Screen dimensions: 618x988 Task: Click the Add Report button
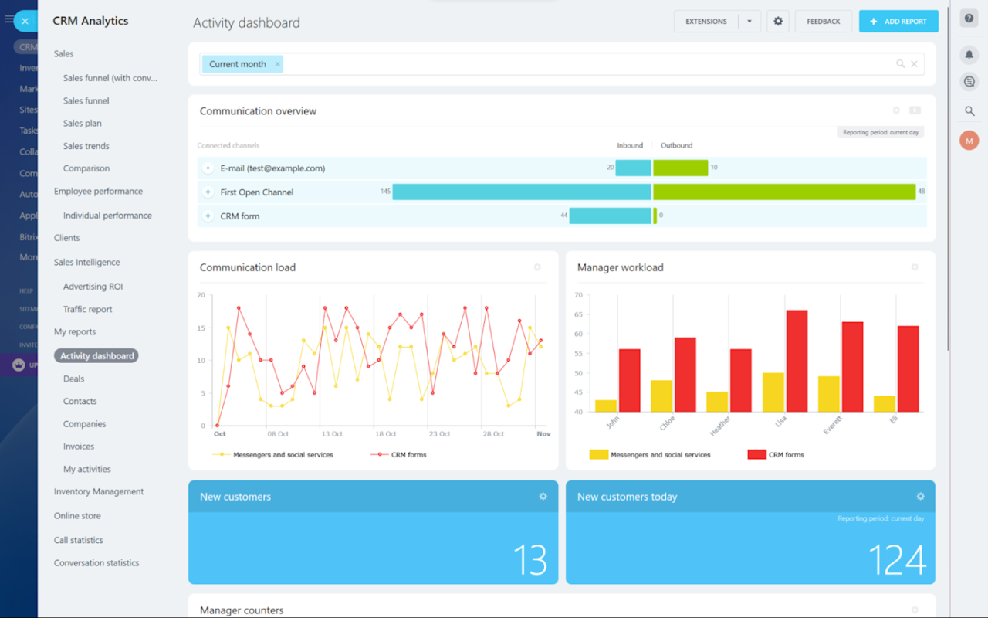tap(898, 22)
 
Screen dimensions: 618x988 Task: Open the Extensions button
tap(706, 22)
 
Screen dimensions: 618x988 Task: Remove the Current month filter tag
tap(278, 64)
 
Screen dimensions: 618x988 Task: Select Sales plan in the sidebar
tap(83, 124)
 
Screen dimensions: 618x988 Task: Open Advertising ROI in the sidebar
tap(93, 287)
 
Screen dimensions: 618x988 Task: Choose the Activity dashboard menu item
tap(96, 356)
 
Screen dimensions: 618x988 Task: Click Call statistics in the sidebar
tap(79, 540)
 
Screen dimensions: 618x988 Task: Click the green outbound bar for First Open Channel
tap(784, 192)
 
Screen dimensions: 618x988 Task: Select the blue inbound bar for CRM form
tap(610, 216)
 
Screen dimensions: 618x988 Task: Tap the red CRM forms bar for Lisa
tap(797, 361)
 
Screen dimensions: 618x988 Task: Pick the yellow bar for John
tap(606, 406)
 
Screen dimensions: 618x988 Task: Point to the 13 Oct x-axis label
tap(332, 434)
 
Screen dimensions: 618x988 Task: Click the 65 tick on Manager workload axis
tap(578, 314)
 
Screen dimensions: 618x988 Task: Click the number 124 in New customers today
tap(897, 560)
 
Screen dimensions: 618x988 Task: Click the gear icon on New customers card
tap(543, 497)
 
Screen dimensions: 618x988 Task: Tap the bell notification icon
tap(969, 55)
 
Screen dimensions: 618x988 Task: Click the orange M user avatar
tap(969, 141)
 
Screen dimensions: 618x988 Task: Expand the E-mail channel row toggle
tap(208, 168)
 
